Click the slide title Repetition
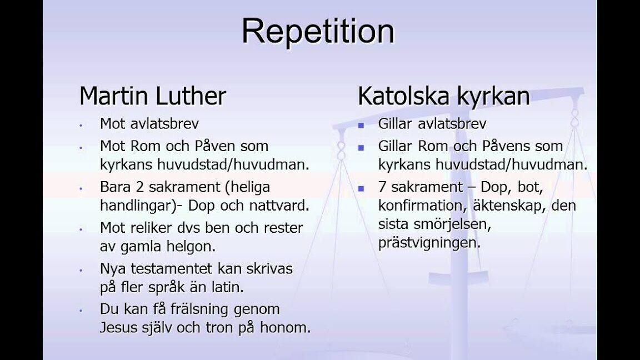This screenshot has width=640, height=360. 318,32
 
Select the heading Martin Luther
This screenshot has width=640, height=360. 153,96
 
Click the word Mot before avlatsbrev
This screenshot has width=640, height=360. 113,123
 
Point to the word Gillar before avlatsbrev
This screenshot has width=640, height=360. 395,123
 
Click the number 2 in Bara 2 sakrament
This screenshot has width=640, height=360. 140,187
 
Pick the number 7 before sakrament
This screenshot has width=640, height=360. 382,187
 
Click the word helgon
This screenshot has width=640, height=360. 191,247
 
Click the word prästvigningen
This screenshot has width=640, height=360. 429,243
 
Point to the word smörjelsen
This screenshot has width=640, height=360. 452,224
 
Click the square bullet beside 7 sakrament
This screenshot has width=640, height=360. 361,188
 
